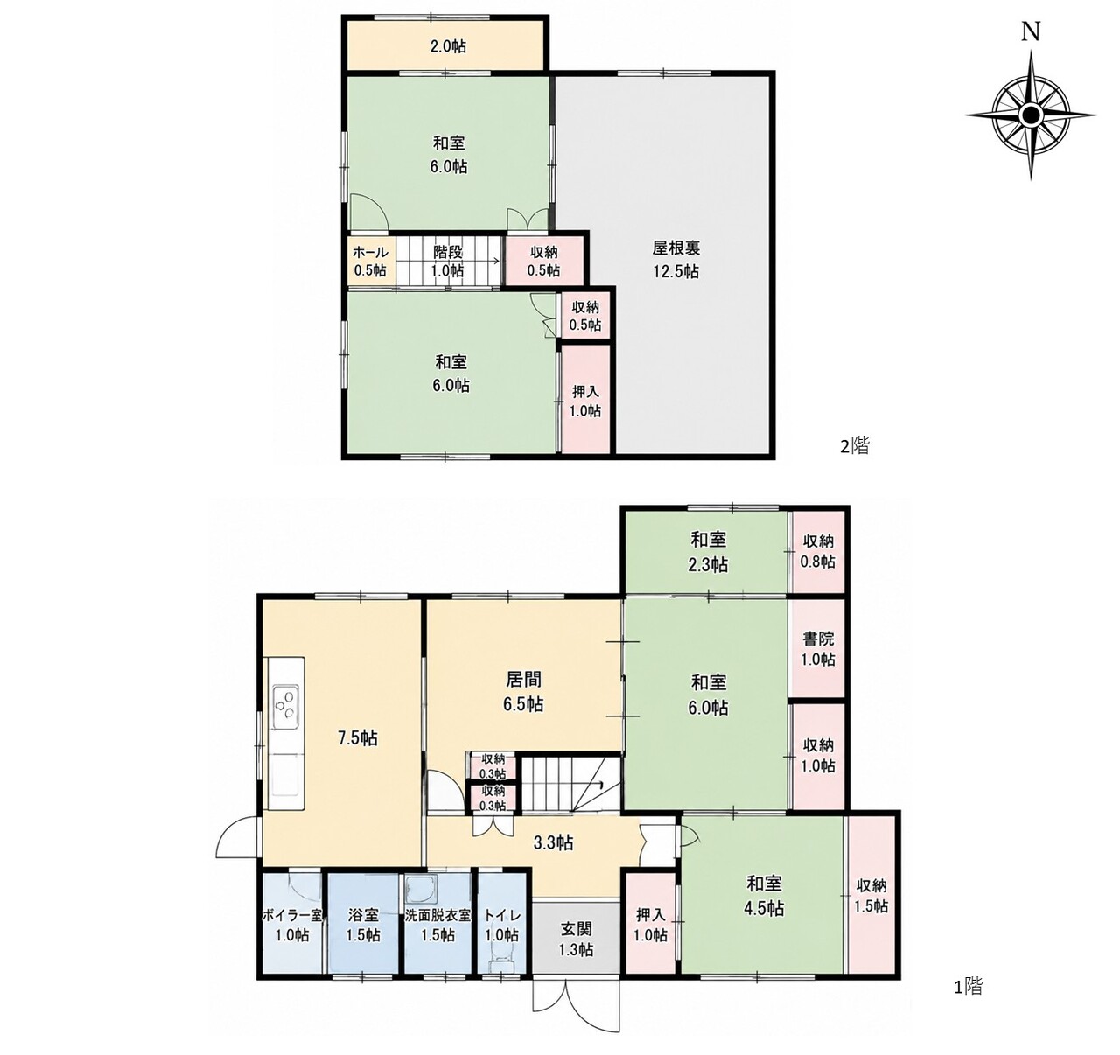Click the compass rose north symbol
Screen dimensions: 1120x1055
[1031, 115]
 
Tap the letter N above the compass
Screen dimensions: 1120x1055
[1032, 33]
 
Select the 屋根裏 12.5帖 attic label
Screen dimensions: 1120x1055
[676, 260]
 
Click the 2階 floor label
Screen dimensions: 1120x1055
[855, 447]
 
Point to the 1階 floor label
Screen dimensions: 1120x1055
[968, 1002]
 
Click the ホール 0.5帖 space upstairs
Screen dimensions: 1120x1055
[370, 262]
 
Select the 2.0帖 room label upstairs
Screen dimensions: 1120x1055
[448, 46]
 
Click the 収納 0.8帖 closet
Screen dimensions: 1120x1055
[818, 551]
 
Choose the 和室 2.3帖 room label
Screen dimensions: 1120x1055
[709, 552]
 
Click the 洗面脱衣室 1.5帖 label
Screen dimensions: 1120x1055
[437, 925]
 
